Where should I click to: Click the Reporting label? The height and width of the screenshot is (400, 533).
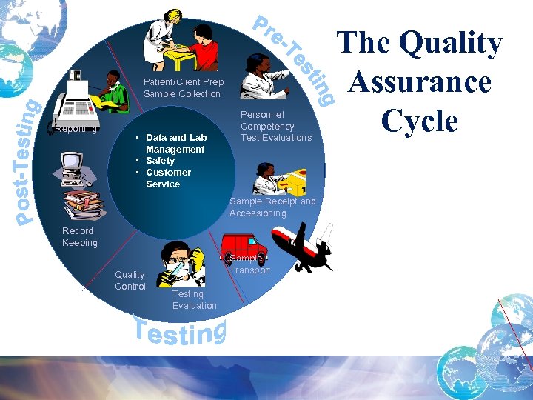[76, 130]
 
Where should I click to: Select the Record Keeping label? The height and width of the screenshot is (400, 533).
[79, 237]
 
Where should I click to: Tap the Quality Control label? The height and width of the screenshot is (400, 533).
[130, 281]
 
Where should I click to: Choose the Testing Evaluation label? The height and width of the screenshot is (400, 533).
[194, 300]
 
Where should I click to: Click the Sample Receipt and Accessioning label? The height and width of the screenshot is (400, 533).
[272, 207]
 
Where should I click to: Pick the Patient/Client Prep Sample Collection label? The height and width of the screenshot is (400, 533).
[183, 88]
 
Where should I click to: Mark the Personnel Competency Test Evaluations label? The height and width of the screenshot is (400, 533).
[275, 126]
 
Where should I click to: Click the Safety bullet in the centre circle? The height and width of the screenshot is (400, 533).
[160, 161]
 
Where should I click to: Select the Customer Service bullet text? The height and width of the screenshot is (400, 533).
[167, 178]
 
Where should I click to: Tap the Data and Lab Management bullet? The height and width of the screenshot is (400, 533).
[175, 143]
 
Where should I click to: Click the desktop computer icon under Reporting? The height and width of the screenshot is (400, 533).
[74, 169]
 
